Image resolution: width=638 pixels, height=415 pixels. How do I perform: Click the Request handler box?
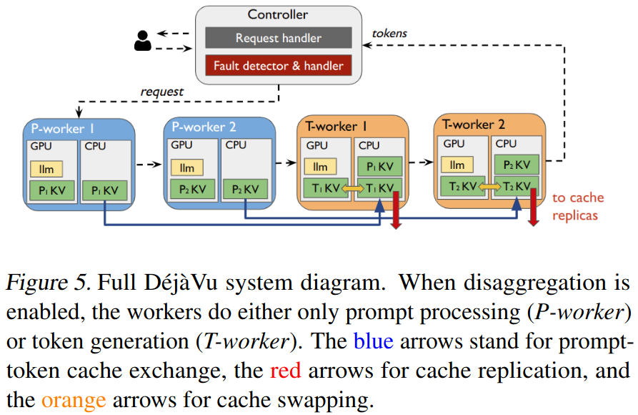tap(278, 38)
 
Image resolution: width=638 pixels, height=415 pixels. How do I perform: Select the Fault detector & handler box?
tap(278, 66)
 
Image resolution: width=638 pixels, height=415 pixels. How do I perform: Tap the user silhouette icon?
tap(143, 41)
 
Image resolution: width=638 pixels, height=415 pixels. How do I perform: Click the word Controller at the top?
tap(278, 14)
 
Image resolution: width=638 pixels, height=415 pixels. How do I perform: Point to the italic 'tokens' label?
tap(390, 33)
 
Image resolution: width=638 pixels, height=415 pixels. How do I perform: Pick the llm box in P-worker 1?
tap(46, 170)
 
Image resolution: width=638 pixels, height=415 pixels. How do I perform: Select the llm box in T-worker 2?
tap(457, 165)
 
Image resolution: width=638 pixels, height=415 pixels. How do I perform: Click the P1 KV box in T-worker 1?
tap(379, 167)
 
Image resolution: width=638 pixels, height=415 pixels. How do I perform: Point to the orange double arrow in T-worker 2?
tap(489, 186)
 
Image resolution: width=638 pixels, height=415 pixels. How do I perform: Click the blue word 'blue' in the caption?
tap(373, 342)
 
